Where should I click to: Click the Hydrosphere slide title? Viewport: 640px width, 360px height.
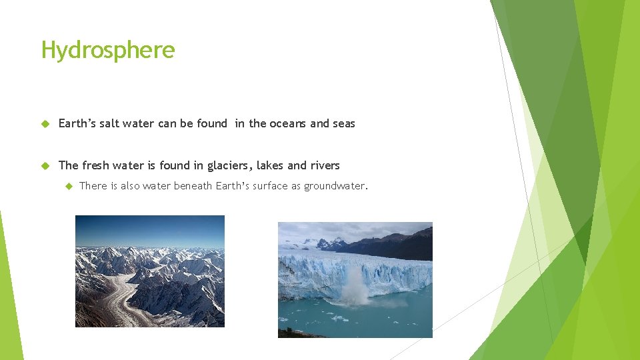108,50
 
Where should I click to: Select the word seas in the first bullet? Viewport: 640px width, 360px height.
343,123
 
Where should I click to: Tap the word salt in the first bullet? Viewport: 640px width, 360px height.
105,123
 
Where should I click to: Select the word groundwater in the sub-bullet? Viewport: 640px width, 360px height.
335,186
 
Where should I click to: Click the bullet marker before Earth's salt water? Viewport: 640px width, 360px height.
45,123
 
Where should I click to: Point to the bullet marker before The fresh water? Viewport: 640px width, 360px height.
45,165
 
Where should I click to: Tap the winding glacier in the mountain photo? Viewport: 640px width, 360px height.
120,300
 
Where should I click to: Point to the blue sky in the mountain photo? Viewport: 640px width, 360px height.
149,230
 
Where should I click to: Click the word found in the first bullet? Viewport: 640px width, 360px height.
211,123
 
